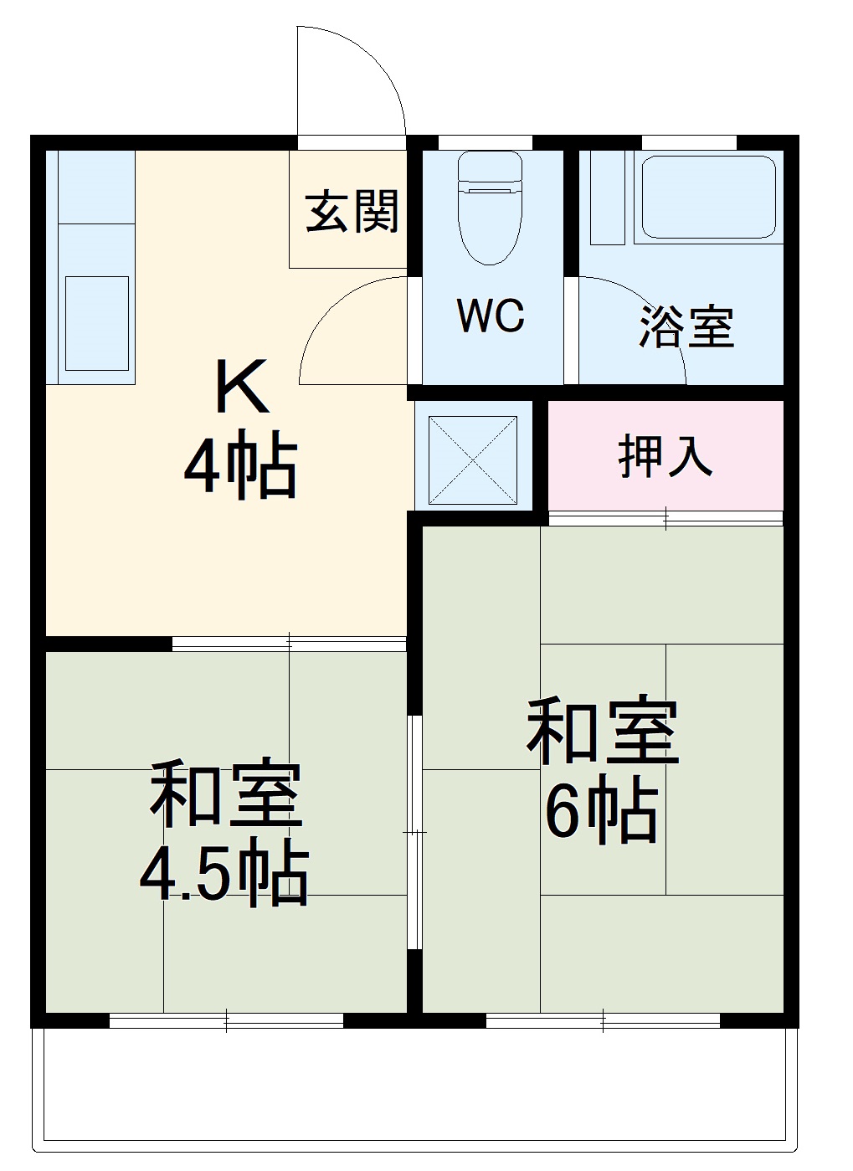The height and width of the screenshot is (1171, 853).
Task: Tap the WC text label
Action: click(491, 316)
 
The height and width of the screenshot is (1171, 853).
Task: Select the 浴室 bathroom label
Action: click(686, 326)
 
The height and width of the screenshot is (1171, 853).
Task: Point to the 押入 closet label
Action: click(665, 457)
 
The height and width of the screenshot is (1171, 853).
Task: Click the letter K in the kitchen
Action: click(242, 387)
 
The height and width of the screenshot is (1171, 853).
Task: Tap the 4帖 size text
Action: click(240, 465)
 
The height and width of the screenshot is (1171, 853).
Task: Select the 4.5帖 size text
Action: click(224, 876)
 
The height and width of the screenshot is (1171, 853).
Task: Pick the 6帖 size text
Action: click(600, 810)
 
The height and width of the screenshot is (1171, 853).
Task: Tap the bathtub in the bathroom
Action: click(708, 198)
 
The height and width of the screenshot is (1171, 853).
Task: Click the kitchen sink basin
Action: click(97, 322)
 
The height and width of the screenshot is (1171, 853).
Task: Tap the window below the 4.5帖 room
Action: click(226, 1020)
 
